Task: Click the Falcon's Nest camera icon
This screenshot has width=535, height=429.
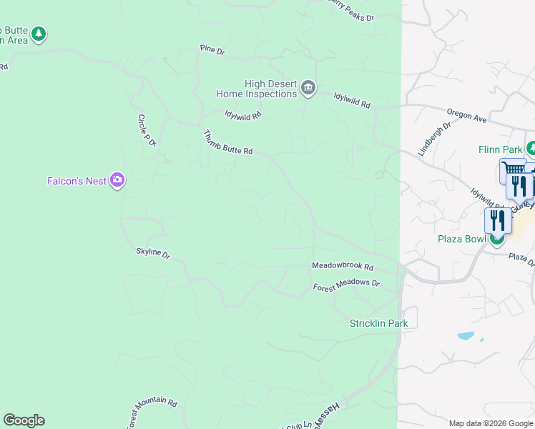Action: [117, 181]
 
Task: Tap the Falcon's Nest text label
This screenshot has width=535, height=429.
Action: [77, 182]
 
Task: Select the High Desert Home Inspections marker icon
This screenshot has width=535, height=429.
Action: [308, 88]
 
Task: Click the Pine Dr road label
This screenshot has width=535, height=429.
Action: [212, 50]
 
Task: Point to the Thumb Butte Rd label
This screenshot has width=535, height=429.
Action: [228, 142]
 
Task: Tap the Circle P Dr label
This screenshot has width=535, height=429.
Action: [147, 129]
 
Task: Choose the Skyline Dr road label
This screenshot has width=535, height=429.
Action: [153, 253]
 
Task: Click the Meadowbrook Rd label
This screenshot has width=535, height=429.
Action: [343, 266]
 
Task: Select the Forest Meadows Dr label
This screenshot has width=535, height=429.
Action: [346, 285]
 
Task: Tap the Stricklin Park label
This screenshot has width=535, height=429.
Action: [378, 323]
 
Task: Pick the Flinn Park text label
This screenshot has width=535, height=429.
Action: [501, 149]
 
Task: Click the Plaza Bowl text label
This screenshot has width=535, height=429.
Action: [462, 239]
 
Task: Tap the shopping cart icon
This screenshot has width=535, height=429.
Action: [512, 170]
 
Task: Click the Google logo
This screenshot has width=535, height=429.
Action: [24, 420]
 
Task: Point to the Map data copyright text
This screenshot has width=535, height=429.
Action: [491, 423]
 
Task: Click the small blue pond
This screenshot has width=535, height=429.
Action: [465, 335]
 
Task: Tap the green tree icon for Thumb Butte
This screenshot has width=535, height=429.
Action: [39, 34]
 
